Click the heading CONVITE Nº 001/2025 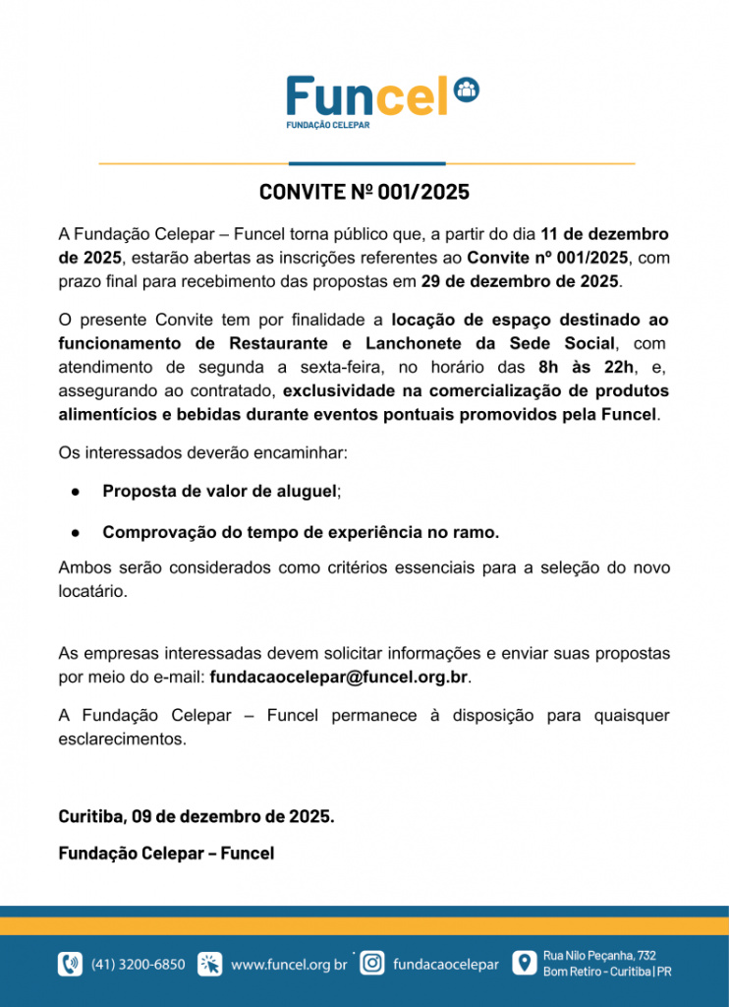[364, 192]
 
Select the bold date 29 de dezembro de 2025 [521, 281]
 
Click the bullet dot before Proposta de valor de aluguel [75, 491]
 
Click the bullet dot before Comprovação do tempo [75, 532]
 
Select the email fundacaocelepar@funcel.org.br [339, 677]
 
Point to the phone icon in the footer [70, 964]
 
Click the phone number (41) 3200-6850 [138, 965]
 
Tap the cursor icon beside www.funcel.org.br [210, 964]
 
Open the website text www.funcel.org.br [289, 965]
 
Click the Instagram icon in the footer [372, 964]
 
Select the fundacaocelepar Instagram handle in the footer [445, 965]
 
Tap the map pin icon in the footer [527, 964]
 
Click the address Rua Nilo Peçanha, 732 [599, 955]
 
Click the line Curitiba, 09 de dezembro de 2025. [196, 816]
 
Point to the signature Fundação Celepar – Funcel [166, 853]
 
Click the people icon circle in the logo [467, 89]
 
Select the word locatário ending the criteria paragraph [93, 593]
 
